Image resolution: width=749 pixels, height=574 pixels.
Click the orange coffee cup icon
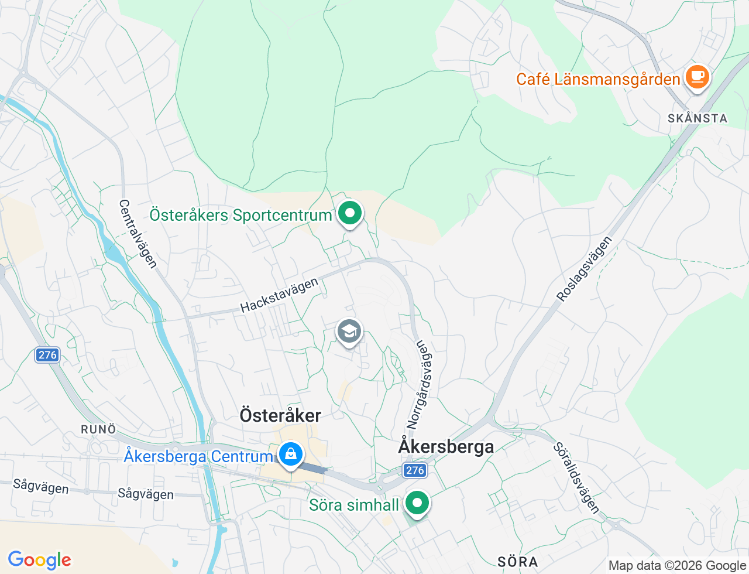[697, 77]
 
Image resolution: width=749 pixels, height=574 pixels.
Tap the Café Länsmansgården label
[597, 79]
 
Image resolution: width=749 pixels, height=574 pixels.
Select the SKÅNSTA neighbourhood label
[698, 118]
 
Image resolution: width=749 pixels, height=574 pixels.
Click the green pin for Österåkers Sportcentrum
[350, 213]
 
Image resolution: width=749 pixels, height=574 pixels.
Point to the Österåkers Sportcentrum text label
[240, 215]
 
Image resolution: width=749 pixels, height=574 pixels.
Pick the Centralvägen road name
[138, 234]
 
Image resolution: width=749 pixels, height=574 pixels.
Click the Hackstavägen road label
[279, 295]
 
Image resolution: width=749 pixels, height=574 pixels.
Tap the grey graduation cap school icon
[349, 332]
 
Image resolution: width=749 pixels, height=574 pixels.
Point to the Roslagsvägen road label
[585, 269]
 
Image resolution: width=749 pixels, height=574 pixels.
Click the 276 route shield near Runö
[47, 355]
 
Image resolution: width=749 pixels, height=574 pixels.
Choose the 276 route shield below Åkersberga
[414, 470]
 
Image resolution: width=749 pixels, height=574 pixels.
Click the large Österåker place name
[280, 415]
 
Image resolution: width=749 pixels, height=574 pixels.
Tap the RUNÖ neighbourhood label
[98, 429]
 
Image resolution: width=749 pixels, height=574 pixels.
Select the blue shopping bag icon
[290, 455]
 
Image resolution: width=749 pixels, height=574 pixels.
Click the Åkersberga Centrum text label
[198, 456]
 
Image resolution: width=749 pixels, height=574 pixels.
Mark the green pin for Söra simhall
[417, 503]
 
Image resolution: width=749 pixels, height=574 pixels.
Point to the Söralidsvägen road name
[576, 479]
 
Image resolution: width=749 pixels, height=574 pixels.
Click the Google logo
[39, 560]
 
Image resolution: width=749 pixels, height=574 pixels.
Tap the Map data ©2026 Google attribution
[677, 565]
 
